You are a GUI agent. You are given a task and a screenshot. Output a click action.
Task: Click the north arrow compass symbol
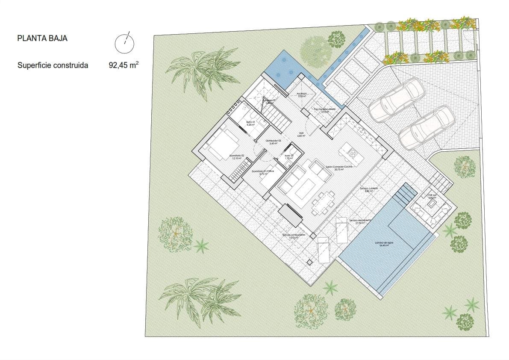[124, 42]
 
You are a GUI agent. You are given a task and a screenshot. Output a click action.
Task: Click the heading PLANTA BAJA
[42, 38]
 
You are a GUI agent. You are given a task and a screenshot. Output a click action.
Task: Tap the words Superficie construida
[53, 66]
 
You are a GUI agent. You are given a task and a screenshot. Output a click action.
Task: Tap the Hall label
[301, 133]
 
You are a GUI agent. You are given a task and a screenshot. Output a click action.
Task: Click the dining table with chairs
[324, 202]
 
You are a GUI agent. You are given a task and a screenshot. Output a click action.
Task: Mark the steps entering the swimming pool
[404, 195]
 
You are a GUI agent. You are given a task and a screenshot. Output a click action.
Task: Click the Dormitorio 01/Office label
[263, 171]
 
